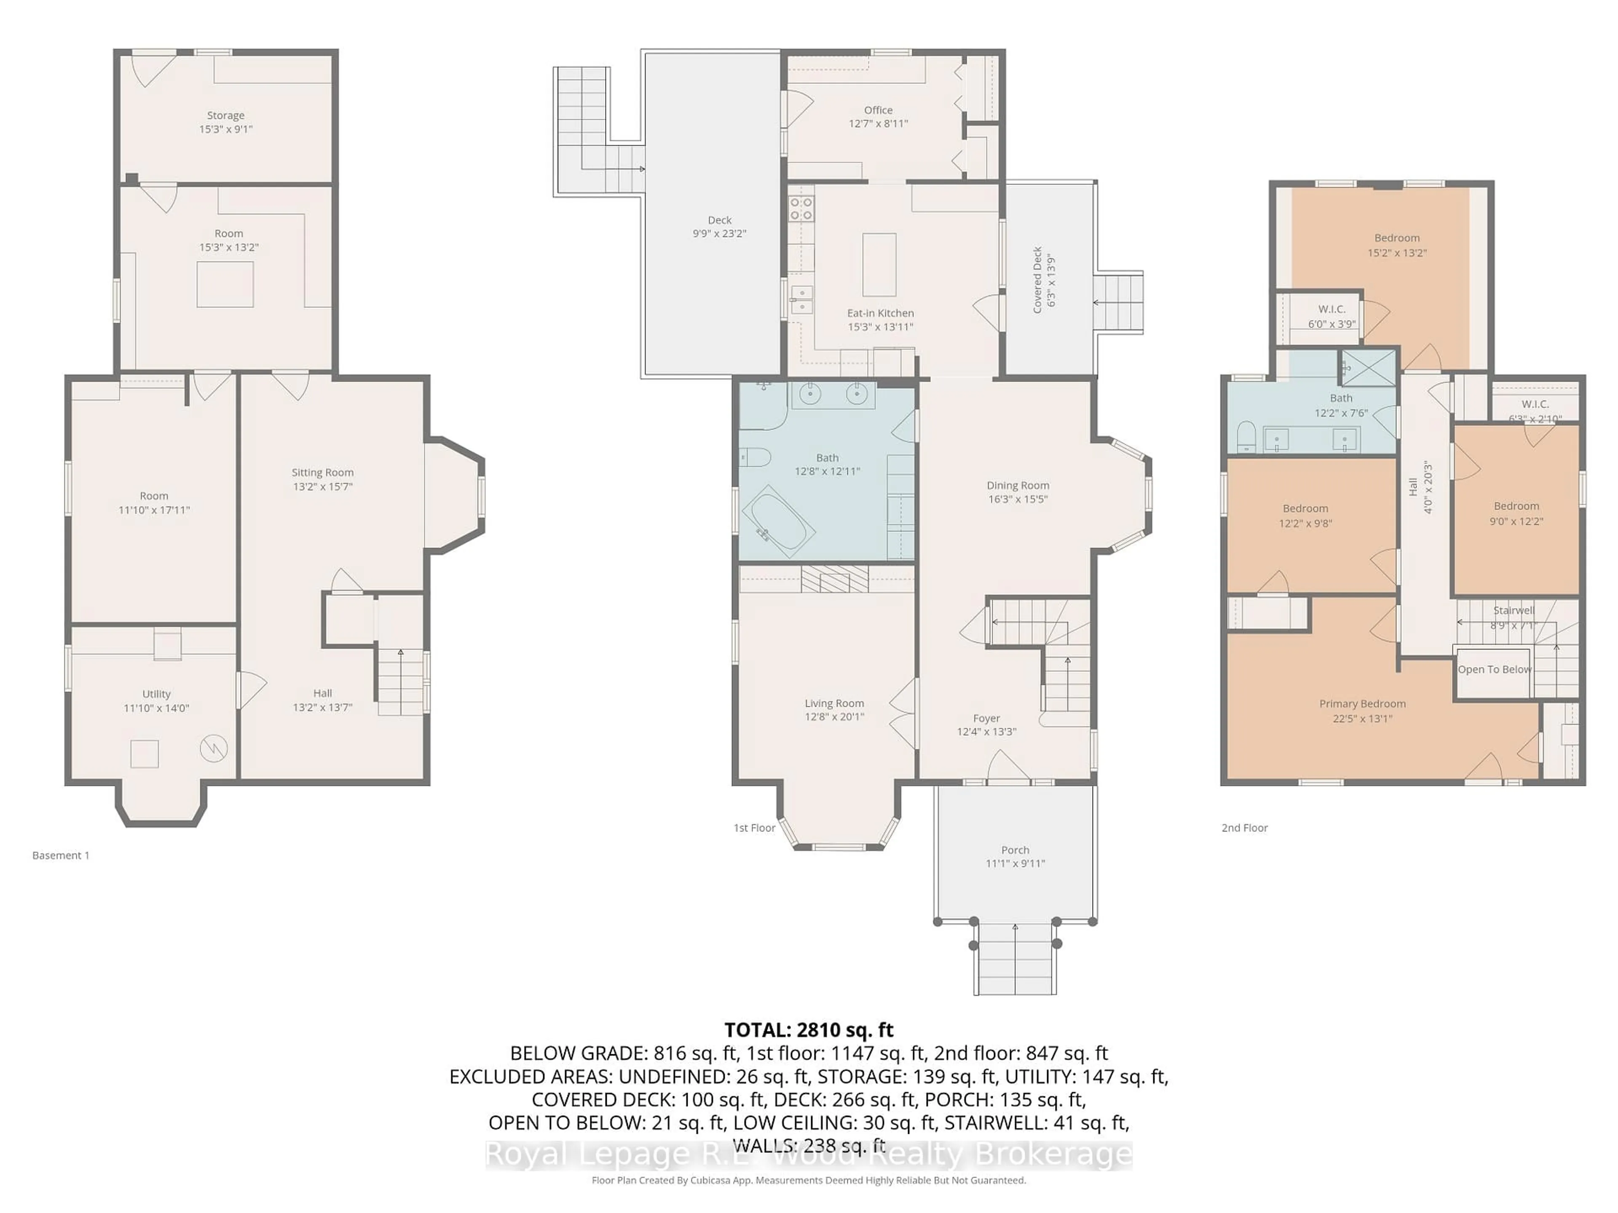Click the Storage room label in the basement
(x=225, y=115)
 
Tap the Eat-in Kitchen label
(x=880, y=313)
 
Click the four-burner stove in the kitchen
(x=801, y=208)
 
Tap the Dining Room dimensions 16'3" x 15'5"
(x=1018, y=500)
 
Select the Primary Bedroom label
(x=1362, y=703)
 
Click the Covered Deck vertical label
(x=1037, y=280)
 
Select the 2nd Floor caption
(x=1244, y=828)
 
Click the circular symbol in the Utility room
(x=214, y=748)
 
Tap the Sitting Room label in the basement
(x=323, y=472)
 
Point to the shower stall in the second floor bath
(x=1368, y=367)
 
